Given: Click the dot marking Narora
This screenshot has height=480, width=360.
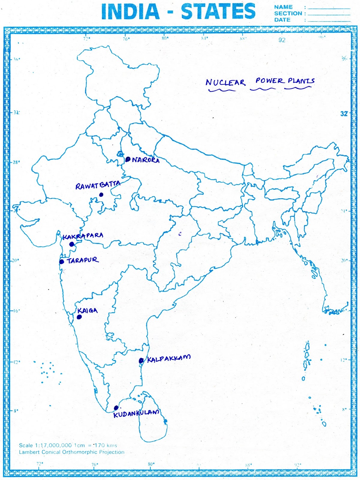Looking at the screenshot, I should coord(128,159).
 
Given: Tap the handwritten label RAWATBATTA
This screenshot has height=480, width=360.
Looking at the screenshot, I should coord(98,185).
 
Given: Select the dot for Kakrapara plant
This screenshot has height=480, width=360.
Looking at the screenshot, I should coord(72,244).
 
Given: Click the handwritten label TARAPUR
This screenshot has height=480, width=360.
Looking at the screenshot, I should coord(82,260).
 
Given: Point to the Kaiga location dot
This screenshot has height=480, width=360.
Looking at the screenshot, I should coord(79,317).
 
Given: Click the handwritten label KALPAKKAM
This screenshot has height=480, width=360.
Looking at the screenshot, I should coord(168,358).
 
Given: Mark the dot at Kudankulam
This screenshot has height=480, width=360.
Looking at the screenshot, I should coord(116,408).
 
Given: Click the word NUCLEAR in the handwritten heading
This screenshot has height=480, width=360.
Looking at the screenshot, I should coord(225,82).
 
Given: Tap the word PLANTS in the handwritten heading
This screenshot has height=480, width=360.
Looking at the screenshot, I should coord(301,81).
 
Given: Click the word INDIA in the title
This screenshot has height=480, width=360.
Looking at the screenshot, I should coord(130,12).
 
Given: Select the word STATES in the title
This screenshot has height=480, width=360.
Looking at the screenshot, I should coord(218,12).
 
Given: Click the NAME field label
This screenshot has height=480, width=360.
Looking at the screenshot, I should coord(283,7).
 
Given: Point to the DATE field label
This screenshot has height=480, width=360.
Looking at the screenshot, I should coord(282,20).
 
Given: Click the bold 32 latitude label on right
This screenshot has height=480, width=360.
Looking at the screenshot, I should coord(344,114).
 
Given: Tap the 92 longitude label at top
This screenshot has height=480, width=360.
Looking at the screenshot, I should coord(282,40).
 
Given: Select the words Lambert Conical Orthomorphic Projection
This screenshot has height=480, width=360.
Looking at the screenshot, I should coord(71,452).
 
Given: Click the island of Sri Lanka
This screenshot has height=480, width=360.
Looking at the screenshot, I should coord(152,420).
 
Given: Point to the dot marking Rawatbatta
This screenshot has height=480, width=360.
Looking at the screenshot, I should coord(101,195).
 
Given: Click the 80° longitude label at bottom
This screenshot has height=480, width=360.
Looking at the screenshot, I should coord(151,464).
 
